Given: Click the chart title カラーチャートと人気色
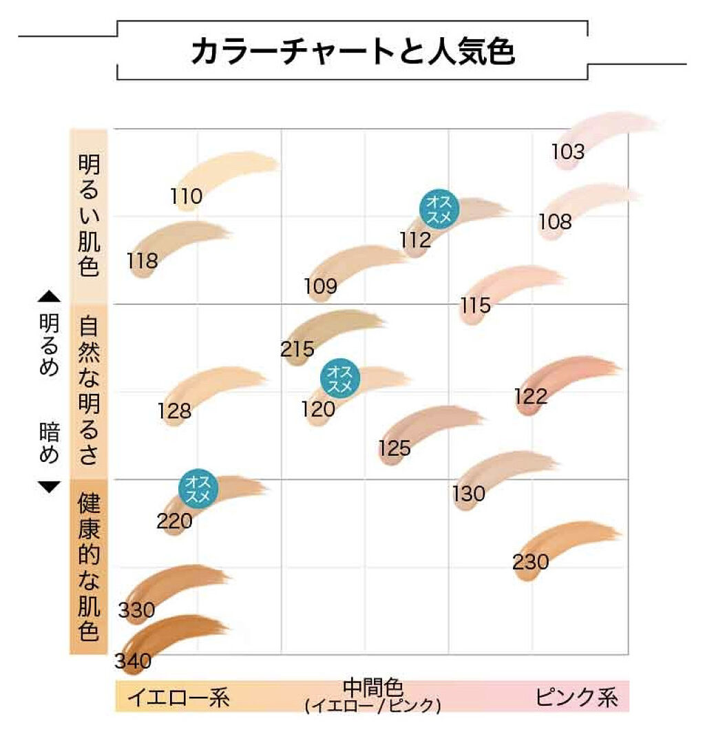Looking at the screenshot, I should point(352,52).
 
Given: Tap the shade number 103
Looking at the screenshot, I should point(568,152).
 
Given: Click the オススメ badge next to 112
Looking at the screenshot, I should point(439,207).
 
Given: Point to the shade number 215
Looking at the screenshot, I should point(297,349).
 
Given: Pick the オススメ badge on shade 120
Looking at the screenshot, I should point(340,379).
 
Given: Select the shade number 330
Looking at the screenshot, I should point(136,610).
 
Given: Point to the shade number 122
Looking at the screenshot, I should point(531,397).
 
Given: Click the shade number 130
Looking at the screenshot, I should point(469,494).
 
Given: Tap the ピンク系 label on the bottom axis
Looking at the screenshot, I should point(576,698).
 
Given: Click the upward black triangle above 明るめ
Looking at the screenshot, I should point(49,297).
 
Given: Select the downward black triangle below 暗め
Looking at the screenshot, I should point(49,487).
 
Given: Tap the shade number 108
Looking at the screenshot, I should point(555,222).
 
